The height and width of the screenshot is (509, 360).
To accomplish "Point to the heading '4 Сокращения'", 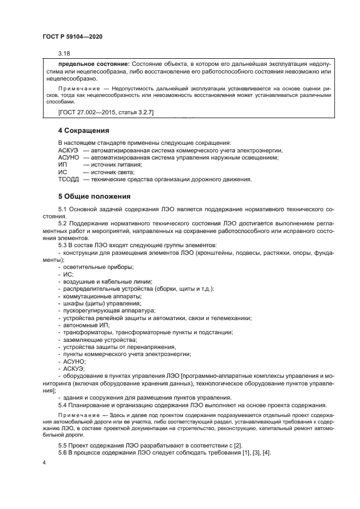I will (84, 131).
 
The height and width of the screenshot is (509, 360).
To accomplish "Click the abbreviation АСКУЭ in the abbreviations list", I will (68, 150).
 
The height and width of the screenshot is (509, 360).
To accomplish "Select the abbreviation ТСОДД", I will (69, 179).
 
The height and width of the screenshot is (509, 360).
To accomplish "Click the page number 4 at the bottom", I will (44, 462).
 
